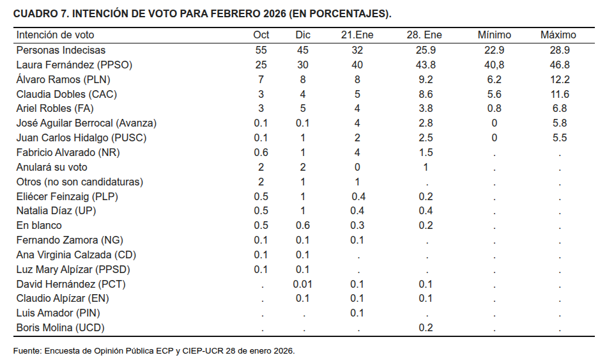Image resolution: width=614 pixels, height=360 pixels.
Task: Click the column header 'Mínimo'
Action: [x=494, y=35]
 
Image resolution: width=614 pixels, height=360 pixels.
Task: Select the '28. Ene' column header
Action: [x=424, y=35]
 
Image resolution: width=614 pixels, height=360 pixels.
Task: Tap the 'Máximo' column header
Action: [x=558, y=35]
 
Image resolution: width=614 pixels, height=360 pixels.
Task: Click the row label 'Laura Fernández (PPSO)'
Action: [x=74, y=65]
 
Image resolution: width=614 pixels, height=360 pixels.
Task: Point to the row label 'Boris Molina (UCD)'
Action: [x=60, y=328]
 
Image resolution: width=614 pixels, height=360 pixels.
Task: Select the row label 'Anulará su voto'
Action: [x=52, y=167]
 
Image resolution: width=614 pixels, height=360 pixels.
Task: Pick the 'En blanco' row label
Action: [x=39, y=225]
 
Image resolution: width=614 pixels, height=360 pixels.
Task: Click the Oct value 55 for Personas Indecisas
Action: [x=261, y=50]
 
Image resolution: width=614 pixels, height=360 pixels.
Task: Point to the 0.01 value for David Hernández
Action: [x=302, y=284]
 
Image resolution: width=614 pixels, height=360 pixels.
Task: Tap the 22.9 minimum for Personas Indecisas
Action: [x=494, y=50]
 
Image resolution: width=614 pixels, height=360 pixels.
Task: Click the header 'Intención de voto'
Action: [x=55, y=35]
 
